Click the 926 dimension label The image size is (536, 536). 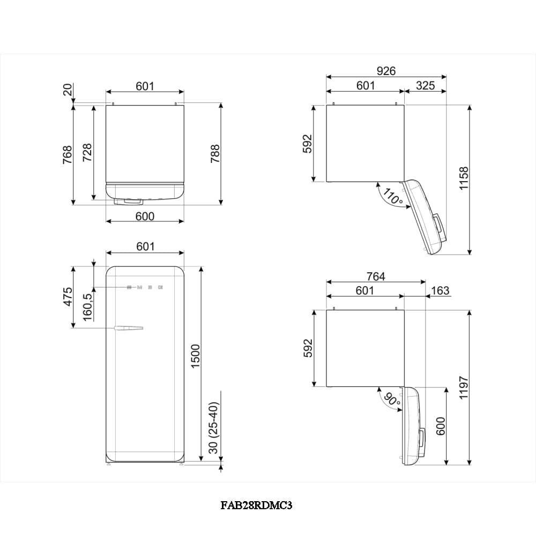[x=386, y=71]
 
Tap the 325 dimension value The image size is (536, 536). [x=425, y=85]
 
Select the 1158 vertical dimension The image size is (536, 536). [x=464, y=178]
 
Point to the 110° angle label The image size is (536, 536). [x=393, y=196]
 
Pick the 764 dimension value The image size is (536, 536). [x=376, y=276]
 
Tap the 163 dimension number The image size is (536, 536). [x=440, y=291]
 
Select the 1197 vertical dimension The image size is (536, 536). [x=464, y=388]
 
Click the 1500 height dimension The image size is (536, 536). [x=195, y=356]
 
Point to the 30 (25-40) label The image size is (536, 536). [x=213, y=428]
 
